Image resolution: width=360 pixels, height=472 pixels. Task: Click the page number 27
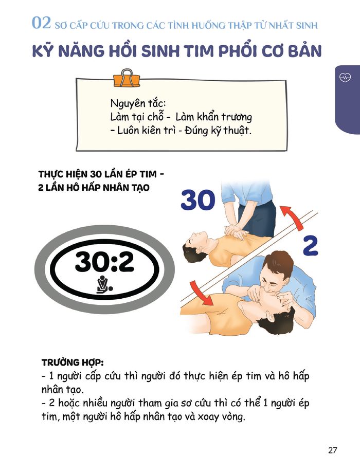tap(333, 450)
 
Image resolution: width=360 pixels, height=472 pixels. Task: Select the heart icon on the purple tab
tap(345, 77)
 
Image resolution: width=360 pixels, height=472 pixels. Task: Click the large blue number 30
tap(198, 199)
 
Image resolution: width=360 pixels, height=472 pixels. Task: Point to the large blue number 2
tap(310, 246)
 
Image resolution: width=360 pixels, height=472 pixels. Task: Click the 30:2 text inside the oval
tap(104, 261)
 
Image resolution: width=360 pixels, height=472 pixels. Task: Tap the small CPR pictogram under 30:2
tap(104, 284)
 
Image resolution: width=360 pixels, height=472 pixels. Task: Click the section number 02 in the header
tap(41, 23)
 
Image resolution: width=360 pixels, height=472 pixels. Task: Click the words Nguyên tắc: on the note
tap(138, 103)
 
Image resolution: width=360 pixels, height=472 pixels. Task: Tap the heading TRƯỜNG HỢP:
tap(73, 362)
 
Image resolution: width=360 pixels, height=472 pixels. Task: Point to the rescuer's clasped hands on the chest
tap(237, 231)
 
